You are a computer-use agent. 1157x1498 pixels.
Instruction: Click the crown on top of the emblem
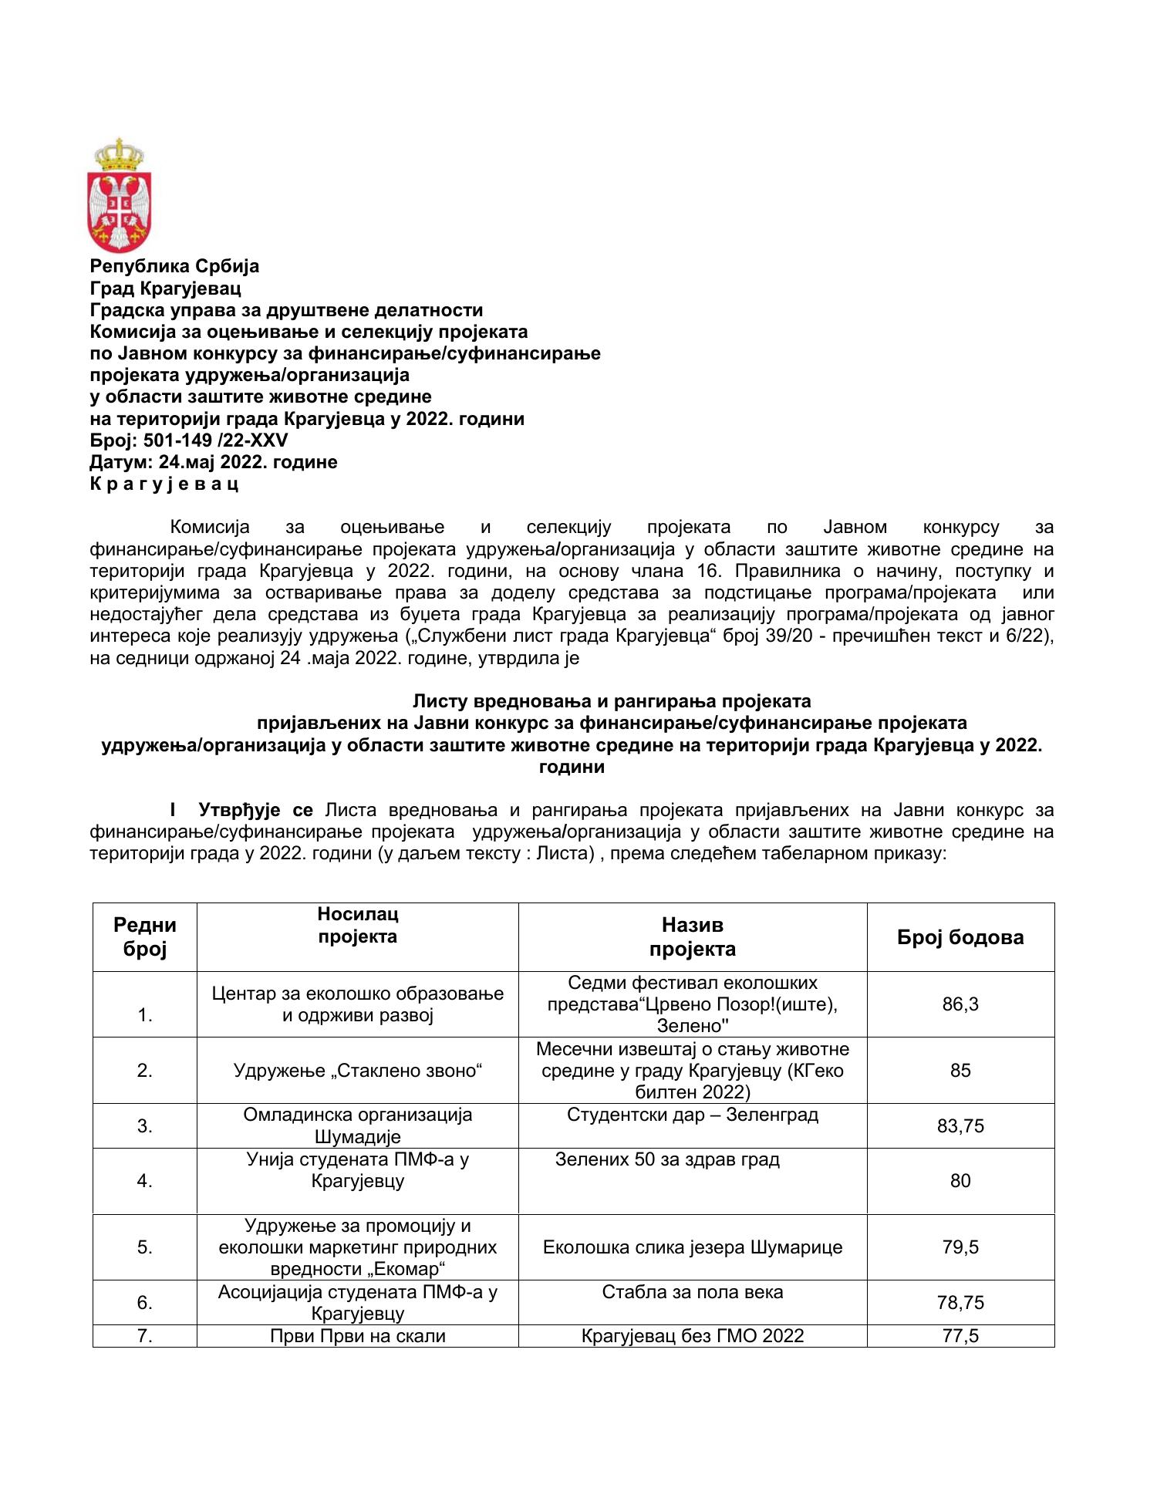pos(119,154)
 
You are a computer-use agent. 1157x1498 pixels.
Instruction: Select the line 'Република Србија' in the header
pos(174,266)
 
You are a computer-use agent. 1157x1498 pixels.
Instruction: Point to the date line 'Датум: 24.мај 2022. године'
pos(214,462)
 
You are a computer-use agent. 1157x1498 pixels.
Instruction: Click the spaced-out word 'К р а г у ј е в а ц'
pos(164,484)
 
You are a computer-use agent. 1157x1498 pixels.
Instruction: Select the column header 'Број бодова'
pos(960,937)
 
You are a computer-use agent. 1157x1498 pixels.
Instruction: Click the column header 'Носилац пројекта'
pos(357,926)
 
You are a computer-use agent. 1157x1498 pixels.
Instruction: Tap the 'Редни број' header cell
pos(144,936)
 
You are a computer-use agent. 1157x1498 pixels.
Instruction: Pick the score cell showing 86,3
pos(960,1004)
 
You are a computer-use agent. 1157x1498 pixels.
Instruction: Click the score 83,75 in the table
pos(960,1126)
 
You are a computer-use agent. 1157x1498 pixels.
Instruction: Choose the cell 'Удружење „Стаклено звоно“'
pos(357,1071)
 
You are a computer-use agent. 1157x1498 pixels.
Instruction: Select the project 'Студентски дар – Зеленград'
pos(692,1115)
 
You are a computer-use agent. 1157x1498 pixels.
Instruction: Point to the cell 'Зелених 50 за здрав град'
pos(667,1160)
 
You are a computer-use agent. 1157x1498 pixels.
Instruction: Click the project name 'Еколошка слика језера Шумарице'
pos(692,1247)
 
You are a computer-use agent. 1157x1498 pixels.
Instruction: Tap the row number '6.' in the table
pos(144,1303)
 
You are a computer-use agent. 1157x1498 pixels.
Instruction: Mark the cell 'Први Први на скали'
pos(357,1336)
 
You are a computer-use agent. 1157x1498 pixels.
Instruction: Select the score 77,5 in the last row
pos(960,1336)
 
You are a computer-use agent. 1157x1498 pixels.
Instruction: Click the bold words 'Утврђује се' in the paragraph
pos(255,811)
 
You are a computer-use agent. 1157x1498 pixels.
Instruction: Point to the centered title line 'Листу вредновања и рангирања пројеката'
pos(612,701)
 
